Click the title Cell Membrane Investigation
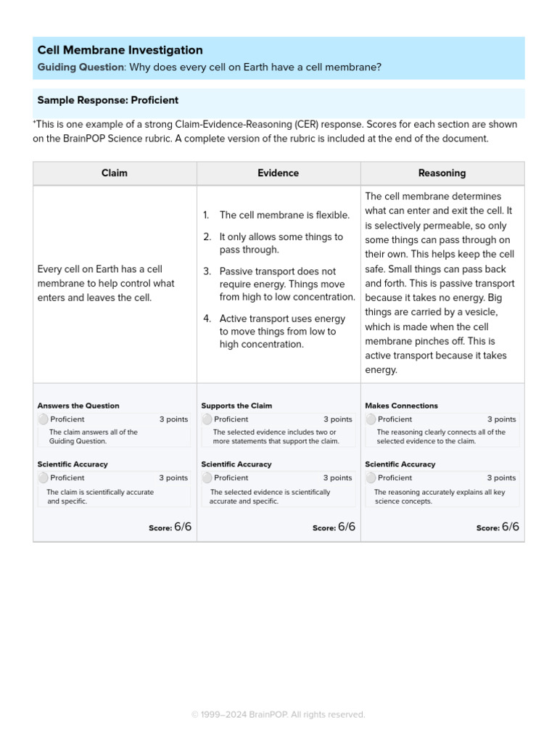pyautogui.click(x=120, y=50)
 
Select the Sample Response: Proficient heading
pyautogui.click(x=107, y=100)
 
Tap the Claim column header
pyautogui.click(x=115, y=173)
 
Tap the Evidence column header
pyautogui.click(x=278, y=173)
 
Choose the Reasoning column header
pyautogui.click(x=442, y=173)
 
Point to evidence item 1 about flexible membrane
pyautogui.click(x=284, y=215)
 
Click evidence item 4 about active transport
pyautogui.click(x=282, y=332)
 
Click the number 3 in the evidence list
pyautogui.click(x=206, y=271)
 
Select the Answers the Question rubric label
pyautogui.click(x=78, y=406)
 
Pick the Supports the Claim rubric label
pyautogui.click(x=236, y=406)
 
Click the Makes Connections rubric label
pyautogui.click(x=401, y=406)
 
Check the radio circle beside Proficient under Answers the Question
pyautogui.click(x=43, y=419)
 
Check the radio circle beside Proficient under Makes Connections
pyautogui.click(x=371, y=419)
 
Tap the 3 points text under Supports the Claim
pyautogui.click(x=337, y=419)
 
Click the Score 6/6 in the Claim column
pyautogui.click(x=170, y=528)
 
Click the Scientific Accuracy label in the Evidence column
pyautogui.click(x=236, y=464)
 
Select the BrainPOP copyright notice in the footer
pyautogui.click(x=278, y=715)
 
